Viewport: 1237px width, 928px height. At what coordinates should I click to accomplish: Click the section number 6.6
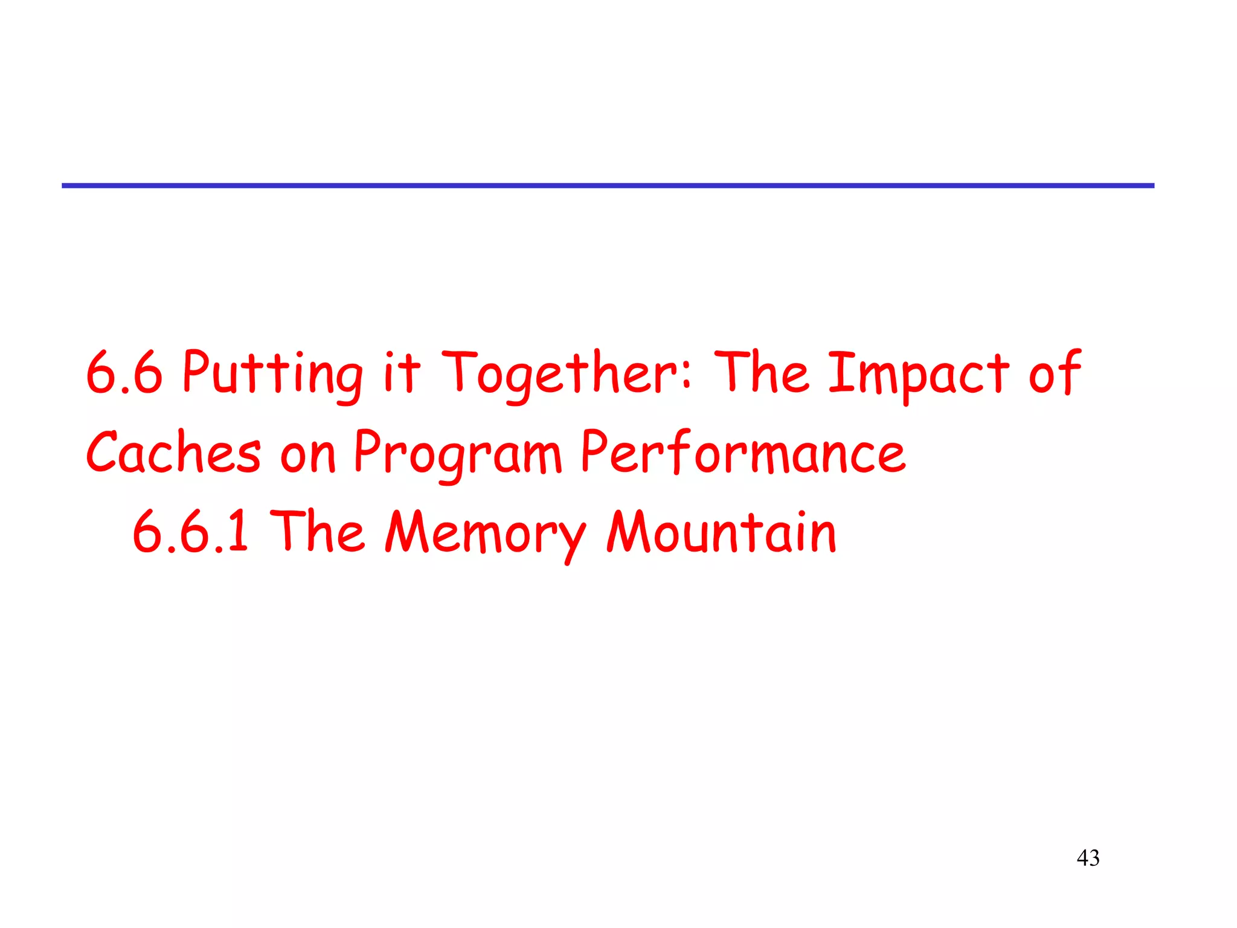[x=124, y=373]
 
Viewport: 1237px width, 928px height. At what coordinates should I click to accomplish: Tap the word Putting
[x=272, y=373]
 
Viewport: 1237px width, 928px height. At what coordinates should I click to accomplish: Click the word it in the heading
[x=402, y=372]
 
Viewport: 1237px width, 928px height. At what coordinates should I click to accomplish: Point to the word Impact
[x=917, y=373]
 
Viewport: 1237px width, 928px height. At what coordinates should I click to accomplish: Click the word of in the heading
[x=1054, y=372]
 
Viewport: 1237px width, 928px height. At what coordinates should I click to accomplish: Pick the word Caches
[x=173, y=453]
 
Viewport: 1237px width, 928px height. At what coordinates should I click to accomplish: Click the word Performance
[x=743, y=453]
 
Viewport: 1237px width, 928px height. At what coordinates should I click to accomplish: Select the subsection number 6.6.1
[x=190, y=532]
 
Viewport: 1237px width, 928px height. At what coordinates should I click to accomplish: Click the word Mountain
[x=721, y=532]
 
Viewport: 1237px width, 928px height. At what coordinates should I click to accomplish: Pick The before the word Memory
[x=318, y=532]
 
